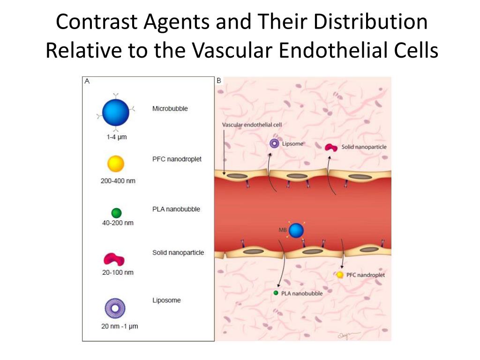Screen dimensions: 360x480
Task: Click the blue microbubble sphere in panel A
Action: click(x=115, y=113)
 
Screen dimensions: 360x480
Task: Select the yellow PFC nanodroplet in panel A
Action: click(x=116, y=164)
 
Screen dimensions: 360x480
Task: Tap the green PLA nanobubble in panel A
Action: click(x=116, y=213)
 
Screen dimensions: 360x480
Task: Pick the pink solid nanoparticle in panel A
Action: click(x=114, y=259)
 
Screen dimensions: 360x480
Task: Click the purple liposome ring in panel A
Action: click(x=115, y=308)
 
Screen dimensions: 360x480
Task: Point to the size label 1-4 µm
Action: click(x=116, y=137)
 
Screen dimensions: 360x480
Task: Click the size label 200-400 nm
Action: click(x=118, y=180)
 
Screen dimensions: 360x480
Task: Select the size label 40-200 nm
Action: click(x=118, y=223)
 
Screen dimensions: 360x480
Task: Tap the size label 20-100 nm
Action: click(x=118, y=272)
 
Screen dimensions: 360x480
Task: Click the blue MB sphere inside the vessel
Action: click(x=296, y=230)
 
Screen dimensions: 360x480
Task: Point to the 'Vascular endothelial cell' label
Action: click(x=251, y=125)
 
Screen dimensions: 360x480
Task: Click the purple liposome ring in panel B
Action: click(x=274, y=144)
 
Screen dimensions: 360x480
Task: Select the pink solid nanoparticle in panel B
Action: click(x=331, y=148)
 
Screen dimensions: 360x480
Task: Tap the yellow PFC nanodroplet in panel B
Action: click(x=340, y=275)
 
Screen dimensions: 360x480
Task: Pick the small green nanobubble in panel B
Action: click(x=276, y=293)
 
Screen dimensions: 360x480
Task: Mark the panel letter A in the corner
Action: click(x=87, y=81)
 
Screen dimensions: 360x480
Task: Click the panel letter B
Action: click(x=218, y=81)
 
